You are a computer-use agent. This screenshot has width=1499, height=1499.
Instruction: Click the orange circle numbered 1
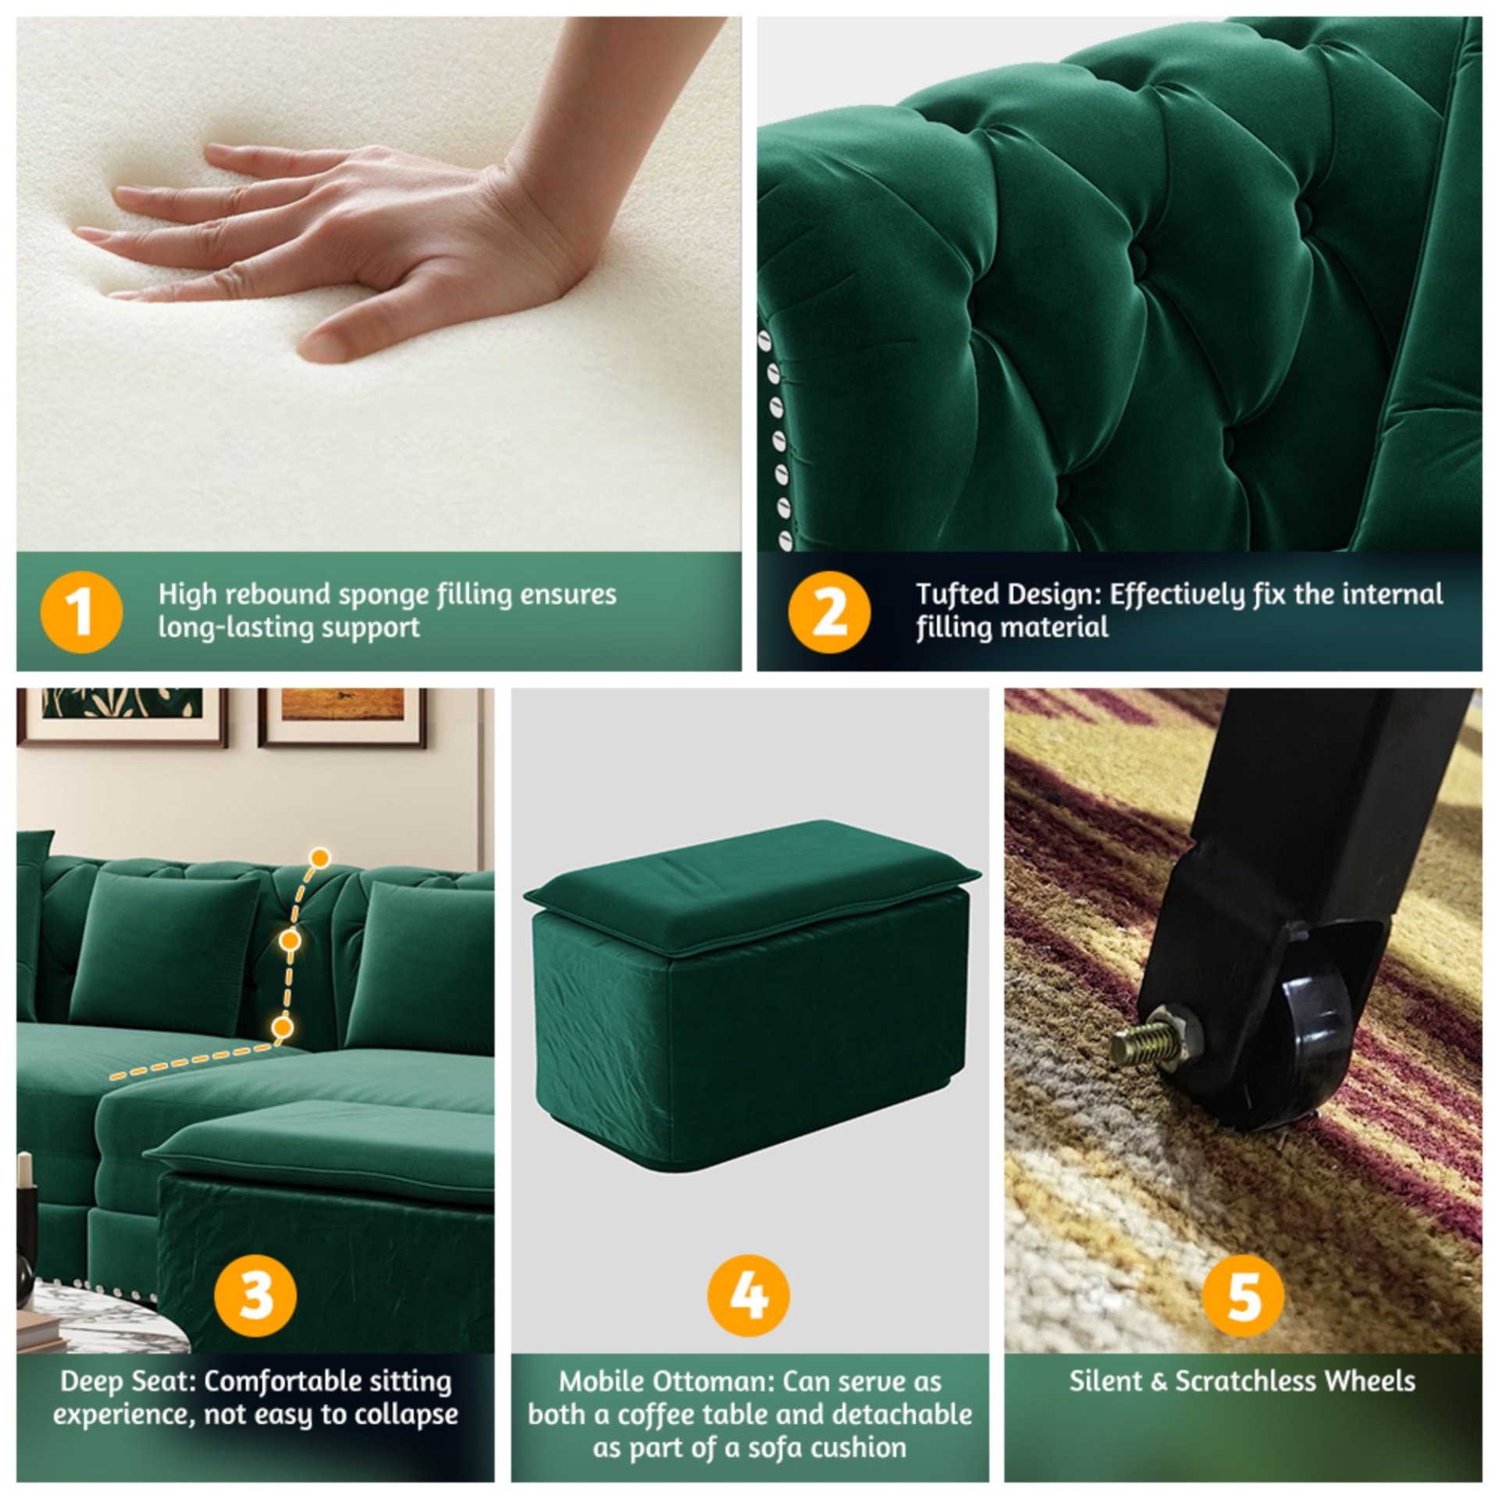point(81,612)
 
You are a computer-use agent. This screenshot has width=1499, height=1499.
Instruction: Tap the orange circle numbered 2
point(828,612)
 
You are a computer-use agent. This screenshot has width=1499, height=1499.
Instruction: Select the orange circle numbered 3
point(255,1295)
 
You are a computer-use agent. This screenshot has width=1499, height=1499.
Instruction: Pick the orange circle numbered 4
point(748,1295)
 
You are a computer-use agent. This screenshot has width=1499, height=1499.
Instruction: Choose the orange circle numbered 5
point(1243,1295)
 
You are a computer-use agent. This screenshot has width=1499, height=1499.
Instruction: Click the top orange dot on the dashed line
point(319,858)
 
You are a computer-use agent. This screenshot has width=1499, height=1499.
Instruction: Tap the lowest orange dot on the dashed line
point(283,1026)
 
